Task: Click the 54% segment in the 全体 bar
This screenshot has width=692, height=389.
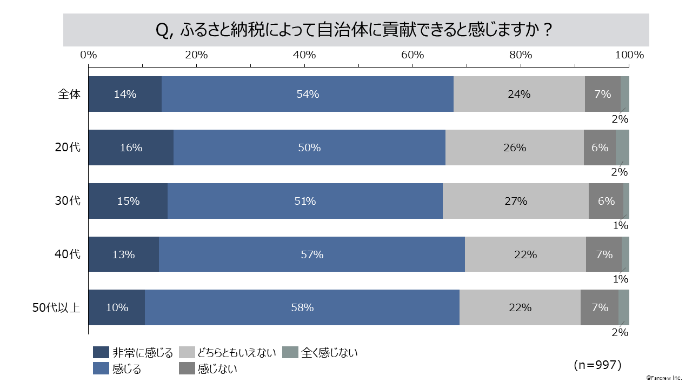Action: click(x=308, y=94)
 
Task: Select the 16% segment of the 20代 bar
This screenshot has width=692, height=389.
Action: click(x=131, y=147)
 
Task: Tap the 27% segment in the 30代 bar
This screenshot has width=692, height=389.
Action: click(x=515, y=201)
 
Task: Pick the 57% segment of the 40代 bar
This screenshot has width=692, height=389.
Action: click(x=312, y=254)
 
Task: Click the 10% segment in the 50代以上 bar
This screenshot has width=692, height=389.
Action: click(x=117, y=308)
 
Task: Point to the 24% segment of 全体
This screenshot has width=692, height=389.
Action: click(x=519, y=94)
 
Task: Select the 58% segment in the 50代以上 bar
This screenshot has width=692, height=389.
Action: click(x=302, y=308)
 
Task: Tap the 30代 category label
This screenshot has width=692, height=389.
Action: click(x=68, y=201)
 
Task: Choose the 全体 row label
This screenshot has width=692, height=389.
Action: click(x=69, y=94)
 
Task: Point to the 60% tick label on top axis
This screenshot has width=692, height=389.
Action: click(x=412, y=55)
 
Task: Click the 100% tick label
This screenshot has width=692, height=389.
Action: click(x=629, y=55)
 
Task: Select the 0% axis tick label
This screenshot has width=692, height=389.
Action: click(x=89, y=55)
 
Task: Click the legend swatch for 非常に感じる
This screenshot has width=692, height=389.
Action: click(x=101, y=353)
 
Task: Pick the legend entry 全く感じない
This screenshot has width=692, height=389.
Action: click(x=329, y=353)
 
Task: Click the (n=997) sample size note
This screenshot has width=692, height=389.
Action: click(x=597, y=365)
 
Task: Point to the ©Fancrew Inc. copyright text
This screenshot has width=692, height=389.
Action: click(x=664, y=377)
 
